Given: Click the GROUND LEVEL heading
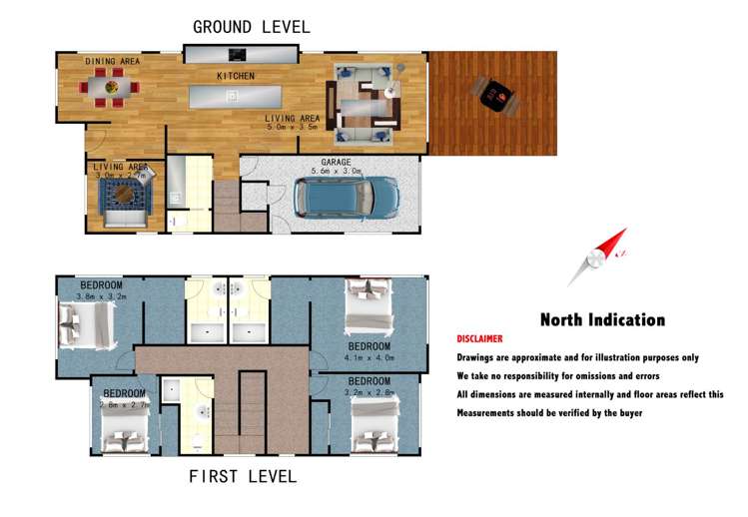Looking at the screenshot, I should [x=251, y=26].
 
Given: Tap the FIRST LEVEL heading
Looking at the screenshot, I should [x=243, y=476].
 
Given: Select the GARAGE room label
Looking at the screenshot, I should [x=335, y=162].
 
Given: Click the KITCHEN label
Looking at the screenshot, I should [x=236, y=76].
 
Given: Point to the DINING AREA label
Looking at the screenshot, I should [x=112, y=62].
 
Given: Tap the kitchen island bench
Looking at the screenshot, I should [x=240, y=96].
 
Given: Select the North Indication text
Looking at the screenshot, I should [x=602, y=320].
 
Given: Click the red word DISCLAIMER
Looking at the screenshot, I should [x=479, y=339].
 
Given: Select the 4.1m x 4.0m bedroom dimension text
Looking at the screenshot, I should [x=368, y=356].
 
